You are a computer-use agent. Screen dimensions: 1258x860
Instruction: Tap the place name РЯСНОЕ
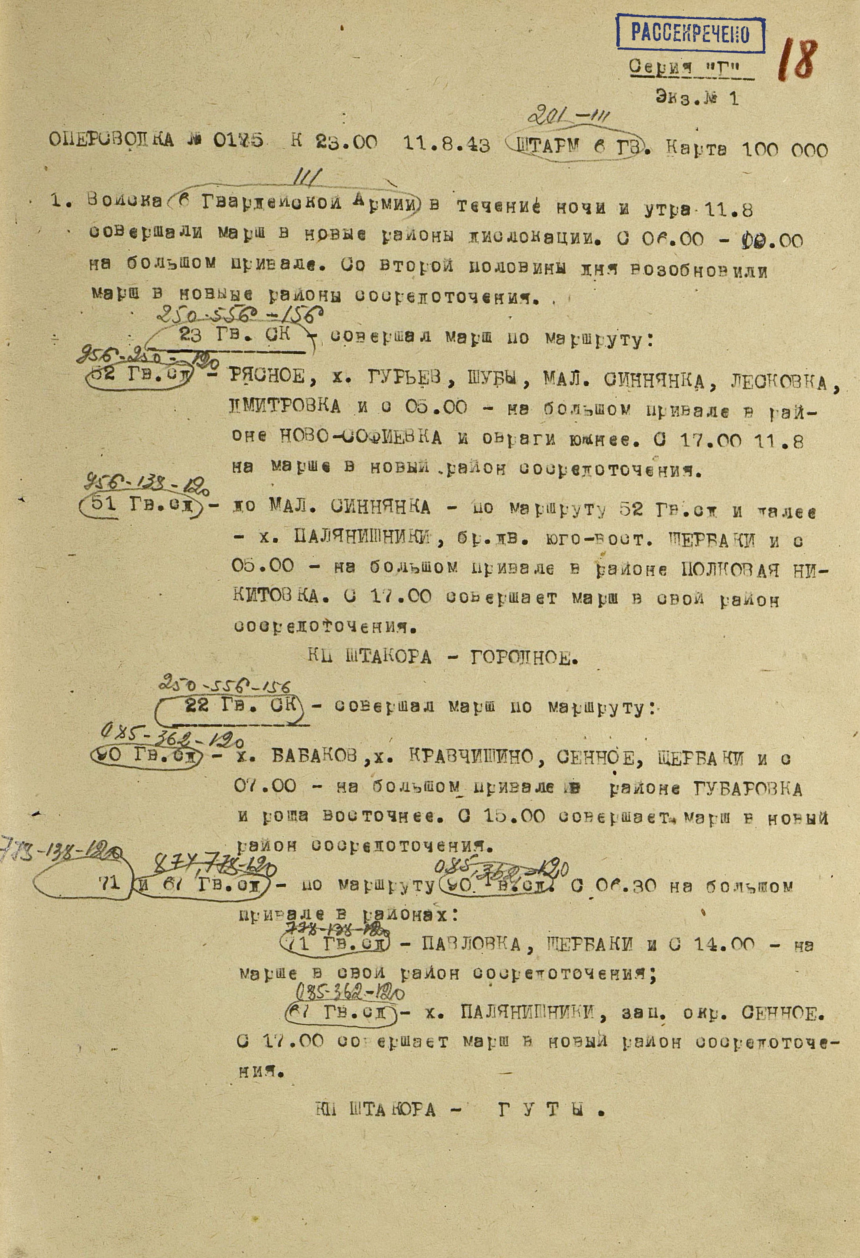[x=268, y=376]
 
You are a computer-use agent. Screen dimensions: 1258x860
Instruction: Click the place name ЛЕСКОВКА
[x=778, y=383]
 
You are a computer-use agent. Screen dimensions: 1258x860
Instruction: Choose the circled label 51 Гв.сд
[x=140, y=506]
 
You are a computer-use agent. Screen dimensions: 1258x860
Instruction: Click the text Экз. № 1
[x=697, y=98]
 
